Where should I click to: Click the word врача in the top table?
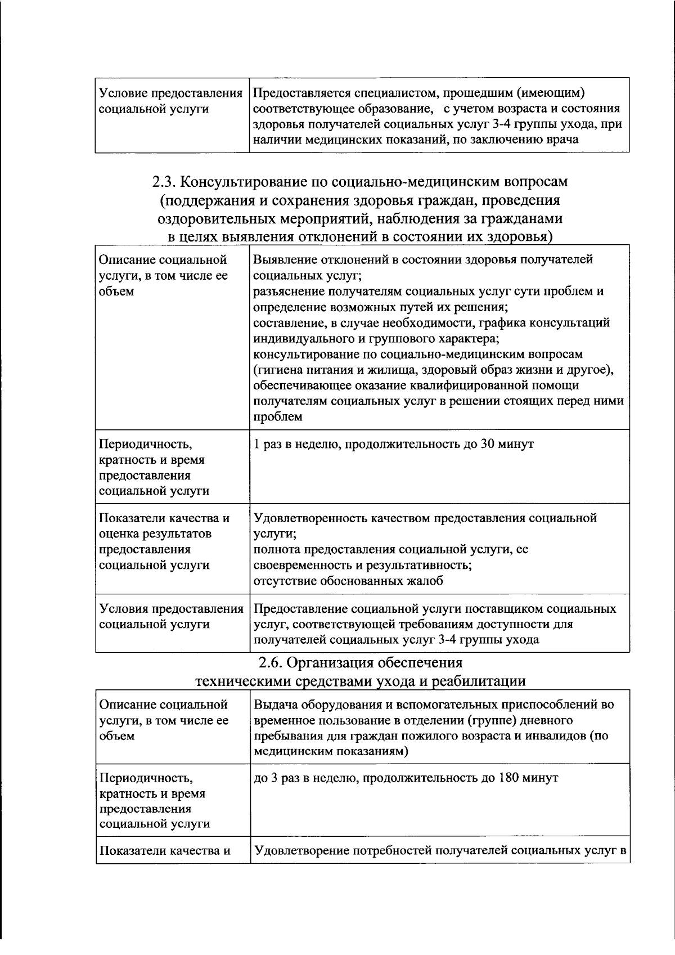pyautogui.click(x=562, y=140)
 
